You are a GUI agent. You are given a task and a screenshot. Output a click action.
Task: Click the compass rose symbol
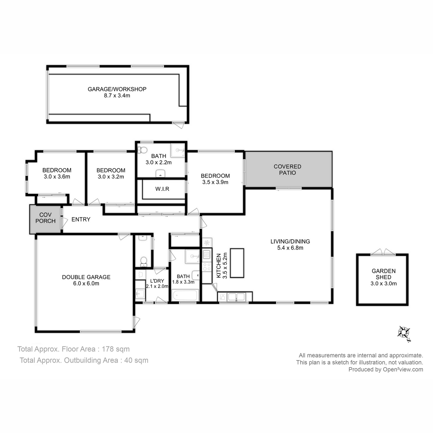coord(404,333)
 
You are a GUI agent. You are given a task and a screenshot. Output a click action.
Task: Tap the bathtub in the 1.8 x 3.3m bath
coord(185,295)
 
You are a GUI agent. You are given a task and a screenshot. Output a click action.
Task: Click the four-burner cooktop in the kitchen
coord(207,267)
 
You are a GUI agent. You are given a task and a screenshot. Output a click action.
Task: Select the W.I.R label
coord(162,189)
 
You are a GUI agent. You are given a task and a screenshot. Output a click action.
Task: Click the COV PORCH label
coord(45,218)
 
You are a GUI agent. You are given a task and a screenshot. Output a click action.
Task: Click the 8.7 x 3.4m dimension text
coord(117,96)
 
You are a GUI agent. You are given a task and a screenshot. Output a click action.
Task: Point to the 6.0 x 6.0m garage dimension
coord(86,283)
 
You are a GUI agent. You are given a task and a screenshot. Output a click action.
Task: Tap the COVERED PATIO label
coord(287,170)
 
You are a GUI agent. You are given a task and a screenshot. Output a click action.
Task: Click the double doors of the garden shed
coord(382,252)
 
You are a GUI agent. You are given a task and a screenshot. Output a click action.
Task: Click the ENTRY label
coord(81,219)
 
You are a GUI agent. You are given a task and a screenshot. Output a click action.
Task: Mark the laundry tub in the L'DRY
coord(140,294)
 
